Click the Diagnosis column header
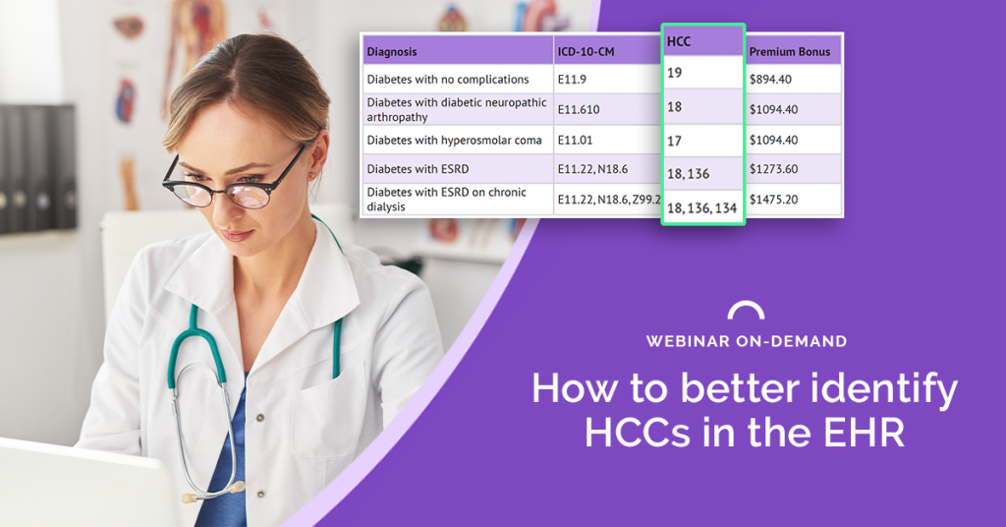click(391, 52)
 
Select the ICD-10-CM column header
click(586, 52)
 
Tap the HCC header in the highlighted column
click(679, 41)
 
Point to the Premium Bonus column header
click(789, 52)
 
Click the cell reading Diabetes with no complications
click(448, 80)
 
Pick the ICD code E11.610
click(578, 109)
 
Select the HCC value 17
click(674, 141)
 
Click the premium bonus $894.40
click(770, 80)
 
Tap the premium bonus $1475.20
click(774, 200)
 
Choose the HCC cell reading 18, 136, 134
click(701, 208)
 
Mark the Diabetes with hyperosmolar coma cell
click(454, 140)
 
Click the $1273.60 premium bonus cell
click(774, 169)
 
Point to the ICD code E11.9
click(572, 80)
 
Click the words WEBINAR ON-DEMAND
click(747, 341)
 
